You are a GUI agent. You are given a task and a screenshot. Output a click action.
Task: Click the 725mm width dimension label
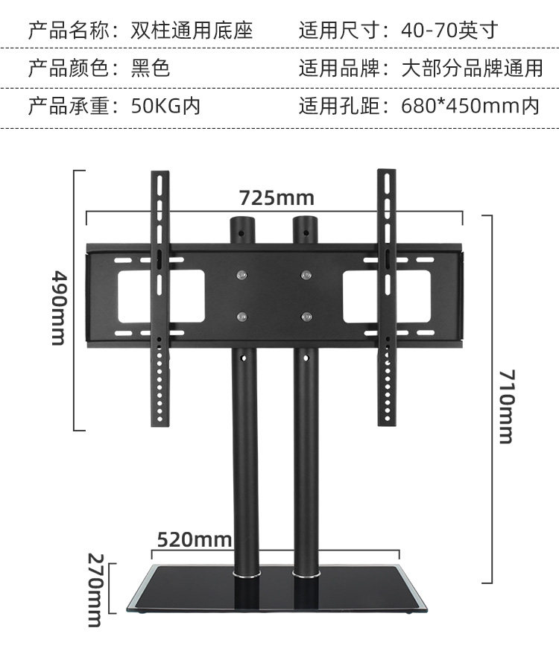tap(277, 198)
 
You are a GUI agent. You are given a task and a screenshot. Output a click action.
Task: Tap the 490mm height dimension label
tap(59, 307)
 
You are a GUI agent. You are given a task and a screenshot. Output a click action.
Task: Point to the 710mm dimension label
tap(506, 406)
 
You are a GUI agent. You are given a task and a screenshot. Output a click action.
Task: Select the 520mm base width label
tap(195, 539)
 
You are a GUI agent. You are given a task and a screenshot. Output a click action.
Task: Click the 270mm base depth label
tap(95, 590)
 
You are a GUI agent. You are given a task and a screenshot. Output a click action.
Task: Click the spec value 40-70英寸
tap(449, 31)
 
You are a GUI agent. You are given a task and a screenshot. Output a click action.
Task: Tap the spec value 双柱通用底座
tap(192, 31)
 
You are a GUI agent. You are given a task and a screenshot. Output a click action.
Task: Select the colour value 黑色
tap(151, 69)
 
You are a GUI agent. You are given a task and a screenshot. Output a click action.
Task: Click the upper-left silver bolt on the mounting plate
tap(241, 275)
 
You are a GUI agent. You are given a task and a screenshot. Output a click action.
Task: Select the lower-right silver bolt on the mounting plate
tap(306, 317)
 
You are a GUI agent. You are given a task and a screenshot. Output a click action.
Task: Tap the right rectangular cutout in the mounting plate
tap(386, 296)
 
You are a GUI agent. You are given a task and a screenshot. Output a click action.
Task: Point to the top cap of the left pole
tap(241, 221)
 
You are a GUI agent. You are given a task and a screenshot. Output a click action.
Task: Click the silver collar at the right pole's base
tap(306, 575)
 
